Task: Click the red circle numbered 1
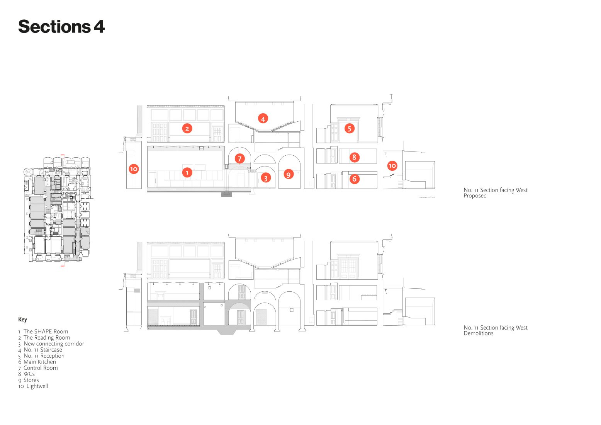pos(187,173)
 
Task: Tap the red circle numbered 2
pos(187,129)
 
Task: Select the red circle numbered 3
pos(266,178)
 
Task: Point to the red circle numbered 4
pos(263,119)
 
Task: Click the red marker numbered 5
pos(349,129)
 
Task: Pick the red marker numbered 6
pos(354,178)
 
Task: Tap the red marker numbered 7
pos(239,158)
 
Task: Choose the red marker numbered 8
pos(354,157)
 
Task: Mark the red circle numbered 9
pos(289,175)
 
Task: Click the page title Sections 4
pos(61,27)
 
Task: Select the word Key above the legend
pos(22,319)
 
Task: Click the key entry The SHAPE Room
pos(46,331)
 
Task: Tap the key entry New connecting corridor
pos(54,344)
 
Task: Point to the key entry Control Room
pos(41,368)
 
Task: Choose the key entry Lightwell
pos(37,386)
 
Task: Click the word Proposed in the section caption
pos(475,195)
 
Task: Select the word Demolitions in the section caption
pos(479,333)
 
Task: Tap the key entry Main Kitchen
pos(40,362)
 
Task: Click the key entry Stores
pos(31,380)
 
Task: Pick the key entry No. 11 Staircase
pos(42,350)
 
